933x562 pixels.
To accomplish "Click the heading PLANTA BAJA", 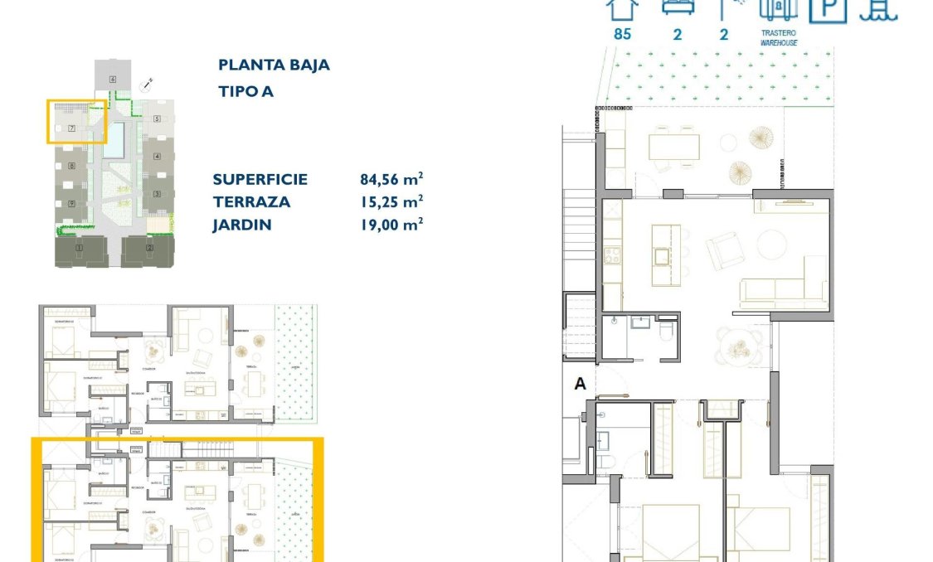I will pyautogui.click(x=274, y=65).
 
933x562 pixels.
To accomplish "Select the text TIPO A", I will pyautogui.click(x=245, y=91).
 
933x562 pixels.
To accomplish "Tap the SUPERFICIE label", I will pyautogui.click(x=260, y=179).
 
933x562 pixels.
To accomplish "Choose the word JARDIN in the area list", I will pyautogui.click(x=241, y=225).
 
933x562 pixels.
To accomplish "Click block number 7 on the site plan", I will pyautogui.click(x=72, y=128).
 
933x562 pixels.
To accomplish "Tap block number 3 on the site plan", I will pyautogui.click(x=157, y=194).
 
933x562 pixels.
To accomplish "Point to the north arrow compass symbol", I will pyautogui.click(x=148, y=83).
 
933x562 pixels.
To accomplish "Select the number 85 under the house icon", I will pyautogui.click(x=622, y=35).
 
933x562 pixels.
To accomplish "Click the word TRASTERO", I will pyautogui.click(x=779, y=33).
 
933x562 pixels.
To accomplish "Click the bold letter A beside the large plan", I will pyautogui.click(x=581, y=383).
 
